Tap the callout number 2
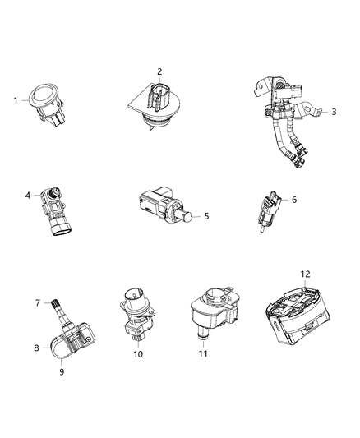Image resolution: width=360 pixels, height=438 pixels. click(x=159, y=71)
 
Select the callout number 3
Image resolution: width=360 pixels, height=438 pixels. click(x=335, y=111)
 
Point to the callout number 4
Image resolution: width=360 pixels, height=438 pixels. click(x=28, y=196)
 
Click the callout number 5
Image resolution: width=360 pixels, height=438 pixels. click(x=206, y=216)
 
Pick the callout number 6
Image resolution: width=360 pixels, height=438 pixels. click(x=294, y=200)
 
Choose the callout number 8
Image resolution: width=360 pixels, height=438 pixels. click(x=36, y=348)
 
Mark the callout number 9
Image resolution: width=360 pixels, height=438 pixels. click(x=61, y=371)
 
